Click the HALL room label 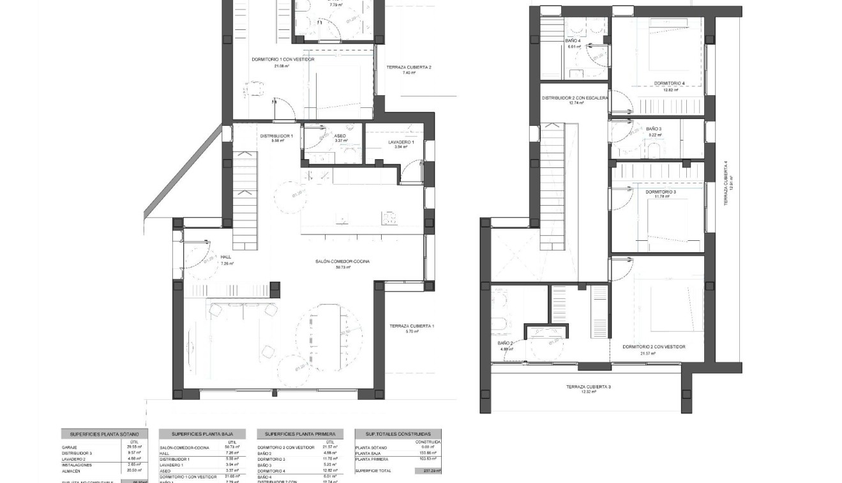tap(190, 257)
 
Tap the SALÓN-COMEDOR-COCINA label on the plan tap(343, 261)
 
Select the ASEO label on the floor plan tap(340, 136)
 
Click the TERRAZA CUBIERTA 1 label tap(412, 326)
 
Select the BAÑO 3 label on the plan tap(654, 129)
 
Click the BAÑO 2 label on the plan tap(506, 343)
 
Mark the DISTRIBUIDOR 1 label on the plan tap(276, 136)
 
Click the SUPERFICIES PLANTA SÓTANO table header tap(104, 434)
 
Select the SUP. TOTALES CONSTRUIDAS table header tap(398, 434)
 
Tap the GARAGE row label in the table tap(70, 447)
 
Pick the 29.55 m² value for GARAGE tap(134, 447)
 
